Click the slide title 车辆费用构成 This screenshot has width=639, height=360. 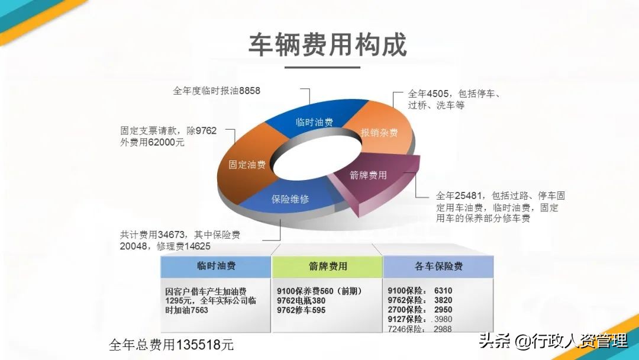pos(327,45)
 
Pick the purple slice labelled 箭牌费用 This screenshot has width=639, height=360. pos(369,175)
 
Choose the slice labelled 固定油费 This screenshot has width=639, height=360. pos(247,165)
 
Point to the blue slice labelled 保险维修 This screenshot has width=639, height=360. pos(290,199)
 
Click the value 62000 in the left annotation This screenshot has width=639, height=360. pos(157,142)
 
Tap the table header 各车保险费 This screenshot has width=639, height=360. pos(438,266)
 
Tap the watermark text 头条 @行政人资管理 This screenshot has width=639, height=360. pos(553,341)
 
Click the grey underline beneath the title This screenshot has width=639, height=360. pos(322,67)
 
